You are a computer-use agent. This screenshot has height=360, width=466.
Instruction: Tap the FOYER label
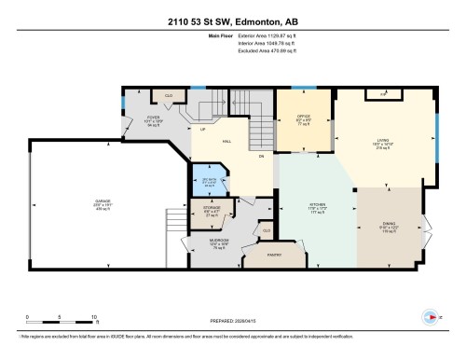tap(154, 118)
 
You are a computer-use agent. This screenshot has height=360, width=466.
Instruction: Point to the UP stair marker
tap(202, 130)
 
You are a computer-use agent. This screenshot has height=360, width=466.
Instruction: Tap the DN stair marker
tap(262, 156)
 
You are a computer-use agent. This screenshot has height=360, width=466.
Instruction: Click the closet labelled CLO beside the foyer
tap(169, 95)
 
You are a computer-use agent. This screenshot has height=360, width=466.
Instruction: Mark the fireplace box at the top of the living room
tap(383, 94)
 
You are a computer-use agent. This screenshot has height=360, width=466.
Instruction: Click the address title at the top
tap(232, 19)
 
